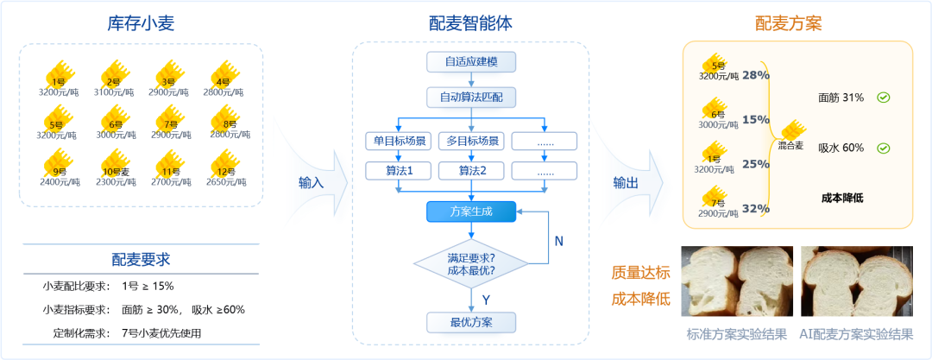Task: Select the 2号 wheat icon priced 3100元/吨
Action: point(113,76)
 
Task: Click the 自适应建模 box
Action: point(470,62)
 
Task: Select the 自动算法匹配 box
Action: point(470,97)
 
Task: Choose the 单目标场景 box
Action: point(396,140)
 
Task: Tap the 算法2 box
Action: point(470,171)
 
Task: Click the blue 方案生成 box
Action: point(470,212)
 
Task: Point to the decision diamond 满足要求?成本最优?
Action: point(470,264)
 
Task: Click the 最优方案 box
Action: point(470,323)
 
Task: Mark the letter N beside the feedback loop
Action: point(558,241)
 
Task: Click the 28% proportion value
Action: point(755,75)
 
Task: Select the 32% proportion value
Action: point(755,208)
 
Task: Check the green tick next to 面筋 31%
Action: point(883,98)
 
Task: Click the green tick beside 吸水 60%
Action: point(883,148)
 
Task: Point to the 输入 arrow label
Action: point(311,182)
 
